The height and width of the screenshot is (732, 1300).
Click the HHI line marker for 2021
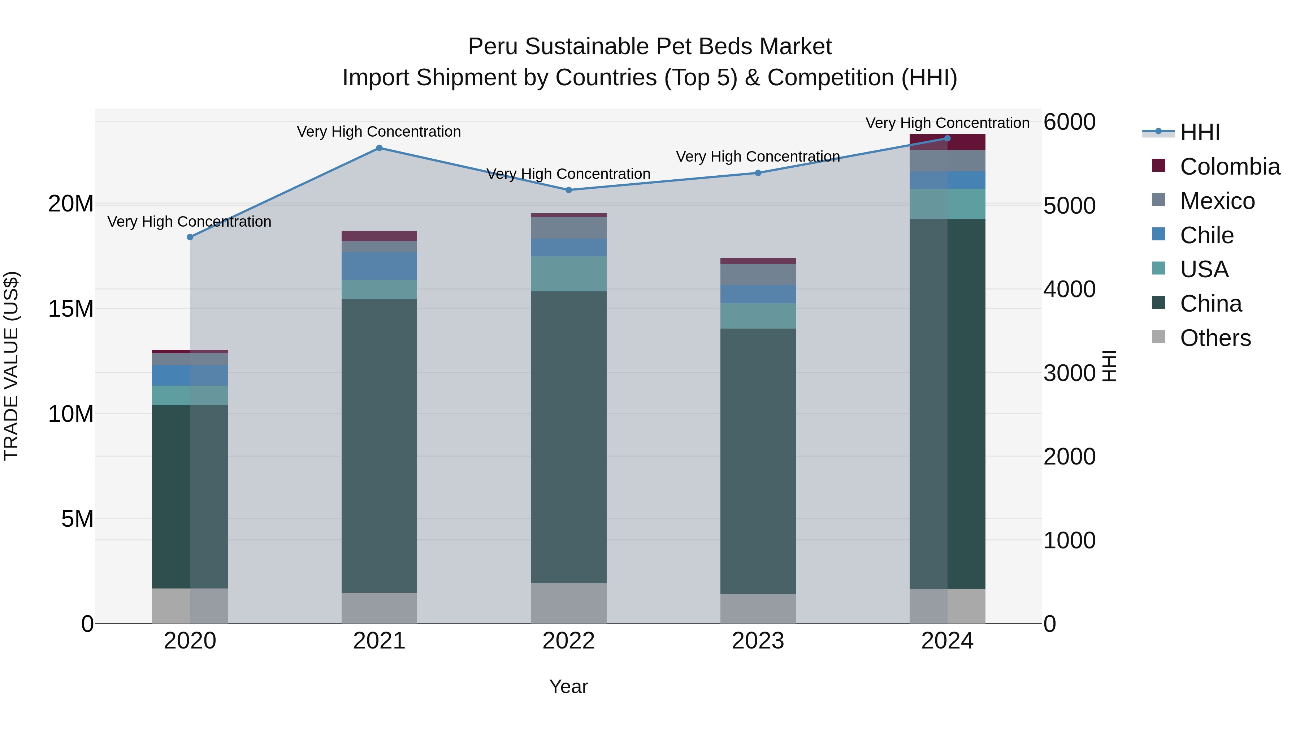[x=380, y=148]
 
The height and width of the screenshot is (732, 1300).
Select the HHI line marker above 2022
[x=569, y=190]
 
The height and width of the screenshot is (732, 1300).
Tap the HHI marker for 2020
[x=190, y=237]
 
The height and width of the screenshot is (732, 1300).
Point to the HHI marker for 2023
[x=758, y=173]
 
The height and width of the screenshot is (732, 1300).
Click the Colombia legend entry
[x=1229, y=167]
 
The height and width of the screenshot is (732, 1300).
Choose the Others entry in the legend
[x=1215, y=338]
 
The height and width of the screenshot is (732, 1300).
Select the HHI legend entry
[x=1200, y=132]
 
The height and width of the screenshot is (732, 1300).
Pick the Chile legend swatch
[x=1159, y=234]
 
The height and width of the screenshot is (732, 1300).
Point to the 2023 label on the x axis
[x=758, y=641]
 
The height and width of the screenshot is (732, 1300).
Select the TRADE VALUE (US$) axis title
[x=11, y=366]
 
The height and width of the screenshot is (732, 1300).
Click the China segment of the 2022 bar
[x=569, y=437]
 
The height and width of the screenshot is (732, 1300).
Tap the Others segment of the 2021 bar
[x=380, y=608]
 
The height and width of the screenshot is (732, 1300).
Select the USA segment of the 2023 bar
[x=758, y=316]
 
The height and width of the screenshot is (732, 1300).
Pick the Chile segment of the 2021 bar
[x=380, y=266]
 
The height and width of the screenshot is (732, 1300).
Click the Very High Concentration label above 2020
[x=189, y=222]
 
